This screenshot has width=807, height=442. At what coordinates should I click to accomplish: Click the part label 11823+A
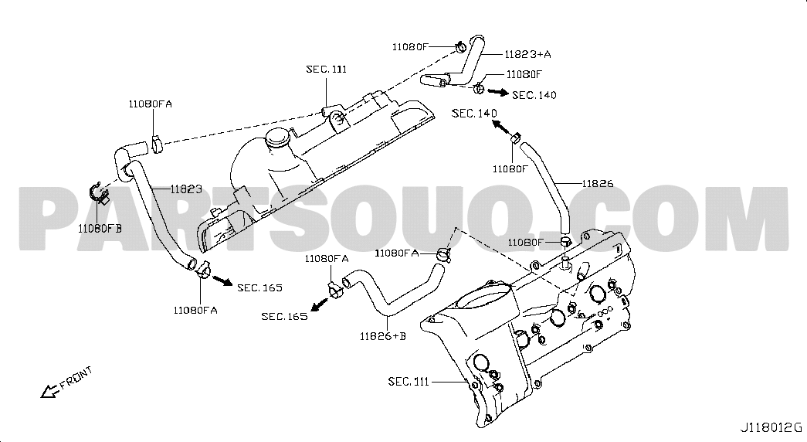(x=527, y=54)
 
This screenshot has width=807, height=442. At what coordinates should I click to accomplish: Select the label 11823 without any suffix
(x=186, y=189)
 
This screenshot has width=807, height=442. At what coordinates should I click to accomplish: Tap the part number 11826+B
(x=383, y=336)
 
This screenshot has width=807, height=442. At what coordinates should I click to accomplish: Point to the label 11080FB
(x=100, y=228)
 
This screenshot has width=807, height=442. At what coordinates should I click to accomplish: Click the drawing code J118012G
(x=771, y=427)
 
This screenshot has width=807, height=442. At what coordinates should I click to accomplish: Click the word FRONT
(x=76, y=377)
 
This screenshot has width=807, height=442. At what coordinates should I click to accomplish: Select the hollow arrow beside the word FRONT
(x=50, y=392)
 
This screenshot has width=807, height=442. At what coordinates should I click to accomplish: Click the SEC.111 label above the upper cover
(x=327, y=69)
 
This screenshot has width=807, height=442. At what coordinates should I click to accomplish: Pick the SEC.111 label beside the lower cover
(x=408, y=382)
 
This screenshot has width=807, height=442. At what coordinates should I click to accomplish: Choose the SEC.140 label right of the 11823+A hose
(x=534, y=95)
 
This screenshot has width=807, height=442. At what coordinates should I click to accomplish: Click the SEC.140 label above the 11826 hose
(x=474, y=113)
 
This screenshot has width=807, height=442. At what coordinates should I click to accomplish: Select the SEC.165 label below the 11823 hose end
(x=260, y=287)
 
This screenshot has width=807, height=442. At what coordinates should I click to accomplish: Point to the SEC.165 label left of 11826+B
(x=284, y=316)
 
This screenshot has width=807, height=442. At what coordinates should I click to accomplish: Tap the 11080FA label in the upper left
(x=151, y=104)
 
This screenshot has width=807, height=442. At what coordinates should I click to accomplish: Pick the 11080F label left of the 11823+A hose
(x=410, y=46)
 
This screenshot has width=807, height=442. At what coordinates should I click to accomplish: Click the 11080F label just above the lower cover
(x=525, y=242)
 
